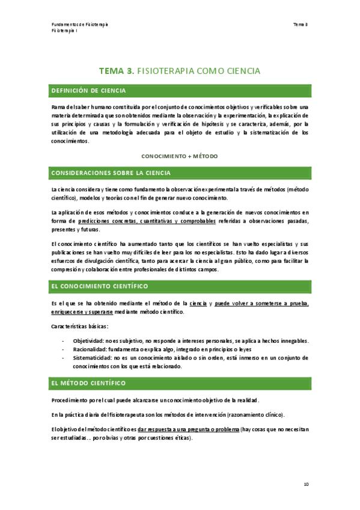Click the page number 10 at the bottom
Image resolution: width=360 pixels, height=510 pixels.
(x=306, y=484)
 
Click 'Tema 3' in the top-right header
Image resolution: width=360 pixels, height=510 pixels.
(x=301, y=24)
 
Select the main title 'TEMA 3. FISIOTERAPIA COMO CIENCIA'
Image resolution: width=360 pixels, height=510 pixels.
(x=180, y=71)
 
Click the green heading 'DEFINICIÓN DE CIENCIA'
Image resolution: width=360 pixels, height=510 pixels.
(x=88, y=91)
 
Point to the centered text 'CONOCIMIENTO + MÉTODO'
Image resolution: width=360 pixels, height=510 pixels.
(x=180, y=156)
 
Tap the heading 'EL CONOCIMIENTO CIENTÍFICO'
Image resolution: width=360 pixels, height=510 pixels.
(x=100, y=286)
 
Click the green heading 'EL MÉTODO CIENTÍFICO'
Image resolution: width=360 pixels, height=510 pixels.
(x=88, y=382)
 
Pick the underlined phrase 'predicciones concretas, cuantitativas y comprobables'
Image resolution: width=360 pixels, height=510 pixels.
(x=147, y=221)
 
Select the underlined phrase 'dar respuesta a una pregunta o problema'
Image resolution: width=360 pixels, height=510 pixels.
(x=188, y=429)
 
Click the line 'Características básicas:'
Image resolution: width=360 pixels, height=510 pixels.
(x=80, y=327)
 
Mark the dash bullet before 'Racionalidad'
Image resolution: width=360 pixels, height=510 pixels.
(x=63, y=349)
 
